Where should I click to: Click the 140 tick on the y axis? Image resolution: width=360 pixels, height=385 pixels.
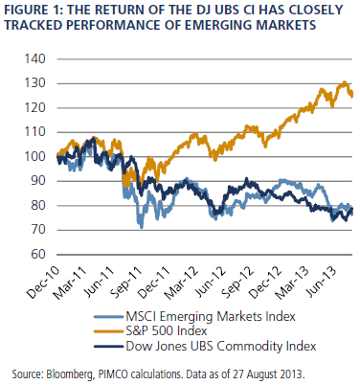tap(35, 59)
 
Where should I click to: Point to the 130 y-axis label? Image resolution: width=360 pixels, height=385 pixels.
tap(35, 83)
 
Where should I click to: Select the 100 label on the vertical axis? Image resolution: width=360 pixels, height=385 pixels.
tap(35, 156)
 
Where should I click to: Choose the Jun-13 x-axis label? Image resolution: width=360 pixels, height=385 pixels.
tap(323, 282)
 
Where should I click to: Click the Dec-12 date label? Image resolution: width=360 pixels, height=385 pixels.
tap(266, 283)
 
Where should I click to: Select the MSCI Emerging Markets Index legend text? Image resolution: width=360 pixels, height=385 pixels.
tap(211, 316)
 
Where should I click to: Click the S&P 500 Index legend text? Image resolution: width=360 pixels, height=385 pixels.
tap(167, 331)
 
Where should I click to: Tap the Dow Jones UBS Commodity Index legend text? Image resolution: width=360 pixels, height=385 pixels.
tap(221, 346)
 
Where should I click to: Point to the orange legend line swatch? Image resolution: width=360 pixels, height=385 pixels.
tap(109, 331)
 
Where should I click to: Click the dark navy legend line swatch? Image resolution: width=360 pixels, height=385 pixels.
tap(109, 347)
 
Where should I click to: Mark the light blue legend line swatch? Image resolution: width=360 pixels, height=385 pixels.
tap(109, 317)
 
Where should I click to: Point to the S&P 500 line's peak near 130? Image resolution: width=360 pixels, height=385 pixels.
tap(344, 82)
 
